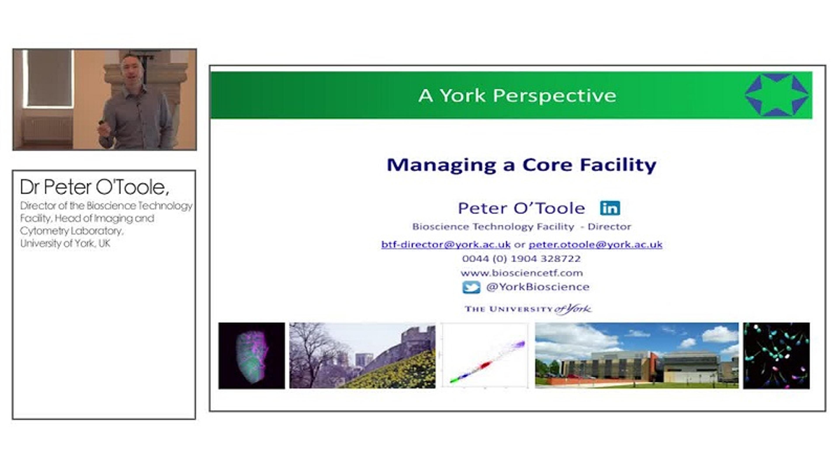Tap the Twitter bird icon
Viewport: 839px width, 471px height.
click(x=471, y=287)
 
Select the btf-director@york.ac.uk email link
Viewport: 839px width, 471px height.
click(x=446, y=244)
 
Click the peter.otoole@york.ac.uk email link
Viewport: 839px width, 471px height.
click(x=595, y=244)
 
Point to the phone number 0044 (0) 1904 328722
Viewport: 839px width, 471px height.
click(x=521, y=259)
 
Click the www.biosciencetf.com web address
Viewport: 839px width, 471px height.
click(x=522, y=273)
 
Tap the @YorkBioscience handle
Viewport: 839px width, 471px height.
click(x=538, y=287)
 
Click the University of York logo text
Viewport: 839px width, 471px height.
click(x=528, y=309)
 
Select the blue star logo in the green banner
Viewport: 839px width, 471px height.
click(x=777, y=95)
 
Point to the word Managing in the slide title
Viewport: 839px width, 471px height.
click(x=441, y=165)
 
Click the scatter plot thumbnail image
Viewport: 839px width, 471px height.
click(x=485, y=355)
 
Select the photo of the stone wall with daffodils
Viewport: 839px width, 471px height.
click(x=362, y=355)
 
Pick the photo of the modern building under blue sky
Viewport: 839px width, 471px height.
click(x=637, y=355)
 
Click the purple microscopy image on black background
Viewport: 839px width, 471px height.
click(x=251, y=355)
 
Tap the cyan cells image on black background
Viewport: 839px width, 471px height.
click(x=777, y=355)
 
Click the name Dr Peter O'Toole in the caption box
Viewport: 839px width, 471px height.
click(x=94, y=187)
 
